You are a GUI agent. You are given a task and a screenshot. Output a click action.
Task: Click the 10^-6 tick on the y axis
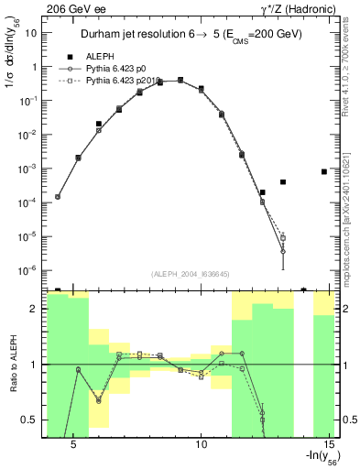click(x=29, y=270)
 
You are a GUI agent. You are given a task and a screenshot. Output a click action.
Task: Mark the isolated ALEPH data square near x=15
click(x=325, y=171)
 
